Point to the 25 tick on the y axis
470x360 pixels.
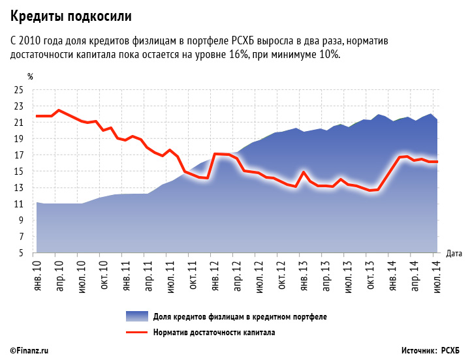19,90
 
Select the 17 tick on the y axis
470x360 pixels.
19,155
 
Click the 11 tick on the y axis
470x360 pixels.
19,204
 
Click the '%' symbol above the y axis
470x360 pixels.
30,78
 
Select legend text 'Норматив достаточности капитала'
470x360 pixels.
214,332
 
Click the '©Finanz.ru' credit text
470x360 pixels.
30,351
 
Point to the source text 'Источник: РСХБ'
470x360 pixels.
431,351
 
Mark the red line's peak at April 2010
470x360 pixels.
59,110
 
